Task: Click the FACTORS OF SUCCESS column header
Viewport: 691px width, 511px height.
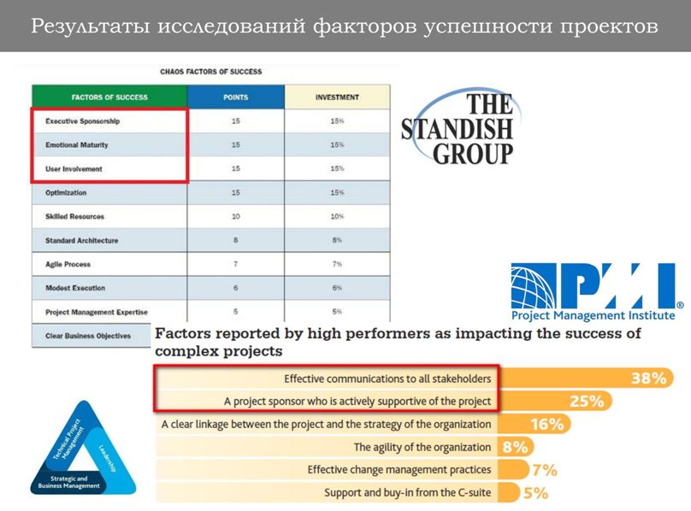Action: pos(109,97)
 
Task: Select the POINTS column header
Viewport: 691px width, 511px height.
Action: pos(235,97)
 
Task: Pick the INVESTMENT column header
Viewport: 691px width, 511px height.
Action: pos(337,97)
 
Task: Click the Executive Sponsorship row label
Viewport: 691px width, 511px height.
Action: pos(82,121)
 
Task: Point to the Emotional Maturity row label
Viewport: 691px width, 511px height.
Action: pos(77,145)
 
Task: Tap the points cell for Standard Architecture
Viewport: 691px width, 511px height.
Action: pos(235,241)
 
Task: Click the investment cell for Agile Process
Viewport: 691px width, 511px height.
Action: pos(337,265)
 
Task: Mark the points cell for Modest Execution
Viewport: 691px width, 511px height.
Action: pos(235,288)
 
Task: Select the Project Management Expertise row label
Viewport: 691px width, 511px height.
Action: pos(97,312)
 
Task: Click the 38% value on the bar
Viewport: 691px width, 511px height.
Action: pos(648,379)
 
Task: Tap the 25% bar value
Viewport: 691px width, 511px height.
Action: pos(587,401)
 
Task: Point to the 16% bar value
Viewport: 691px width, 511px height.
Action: pos(546,424)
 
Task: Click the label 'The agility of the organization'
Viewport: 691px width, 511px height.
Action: pos(422,447)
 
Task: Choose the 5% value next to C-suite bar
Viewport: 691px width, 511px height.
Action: pos(535,493)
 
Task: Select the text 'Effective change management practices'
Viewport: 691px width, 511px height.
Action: pos(399,470)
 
